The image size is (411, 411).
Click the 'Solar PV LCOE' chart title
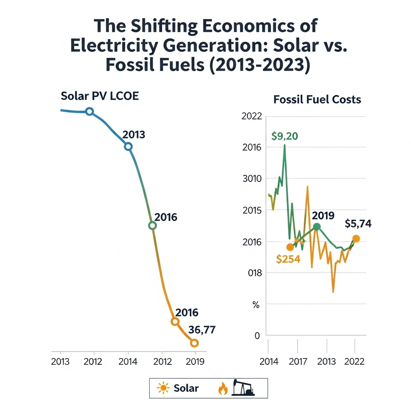point(100,96)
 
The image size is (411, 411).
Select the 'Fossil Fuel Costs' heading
point(317,100)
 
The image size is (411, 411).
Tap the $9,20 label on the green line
point(285,136)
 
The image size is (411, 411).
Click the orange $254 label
point(288,259)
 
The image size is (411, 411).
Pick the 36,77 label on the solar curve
point(202,330)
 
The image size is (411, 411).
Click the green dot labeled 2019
point(317,227)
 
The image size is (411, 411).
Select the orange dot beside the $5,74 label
point(356,239)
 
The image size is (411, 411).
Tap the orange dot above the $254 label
point(290,247)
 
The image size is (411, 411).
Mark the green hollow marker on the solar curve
point(152,226)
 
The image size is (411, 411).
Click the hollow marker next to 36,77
point(194,343)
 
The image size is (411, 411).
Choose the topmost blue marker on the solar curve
point(90,112)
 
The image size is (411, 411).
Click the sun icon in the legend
point(164,388)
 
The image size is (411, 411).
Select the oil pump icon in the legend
point(243,388)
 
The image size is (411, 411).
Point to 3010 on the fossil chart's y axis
point(252,179)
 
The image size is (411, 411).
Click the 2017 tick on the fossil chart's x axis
point(298,361)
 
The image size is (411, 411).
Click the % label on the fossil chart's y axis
point(256,305)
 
